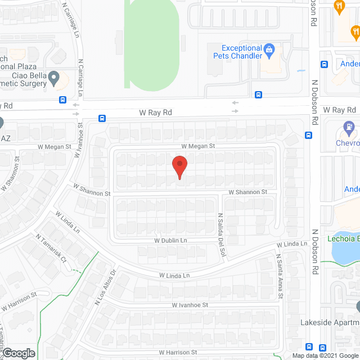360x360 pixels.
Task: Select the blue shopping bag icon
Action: tap(269, 51)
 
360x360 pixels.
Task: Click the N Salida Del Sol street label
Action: tap(220, 232)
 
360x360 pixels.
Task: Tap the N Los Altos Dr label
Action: tap(105, 290)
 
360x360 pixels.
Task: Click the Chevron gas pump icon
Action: tap(350, 128)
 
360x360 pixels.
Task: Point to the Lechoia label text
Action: tap(345, 238)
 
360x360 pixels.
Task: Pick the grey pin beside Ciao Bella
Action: tap(54, 78)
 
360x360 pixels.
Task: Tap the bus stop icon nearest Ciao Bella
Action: tap(62, 100)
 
